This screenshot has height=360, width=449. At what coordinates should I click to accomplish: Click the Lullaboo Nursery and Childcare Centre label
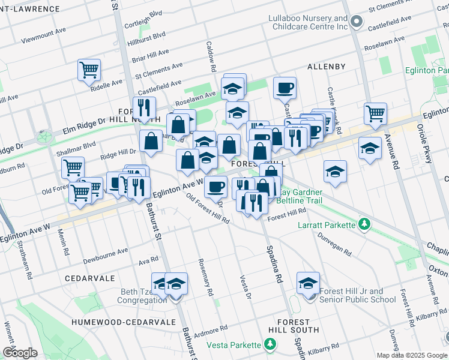[307, 23]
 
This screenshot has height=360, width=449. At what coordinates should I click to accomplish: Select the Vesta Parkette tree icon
[270, 344]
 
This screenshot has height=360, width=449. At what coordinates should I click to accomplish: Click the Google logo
[20, 352]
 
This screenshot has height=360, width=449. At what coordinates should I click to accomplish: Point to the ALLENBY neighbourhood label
[327, 66]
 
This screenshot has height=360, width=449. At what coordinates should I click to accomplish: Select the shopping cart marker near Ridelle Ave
[89, 70]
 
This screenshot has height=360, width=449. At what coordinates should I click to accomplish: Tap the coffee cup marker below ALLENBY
[285, 88]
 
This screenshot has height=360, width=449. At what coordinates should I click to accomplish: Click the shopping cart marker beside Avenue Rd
[375, 112]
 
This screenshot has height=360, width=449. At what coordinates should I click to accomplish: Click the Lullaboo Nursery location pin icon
[357, 22]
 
